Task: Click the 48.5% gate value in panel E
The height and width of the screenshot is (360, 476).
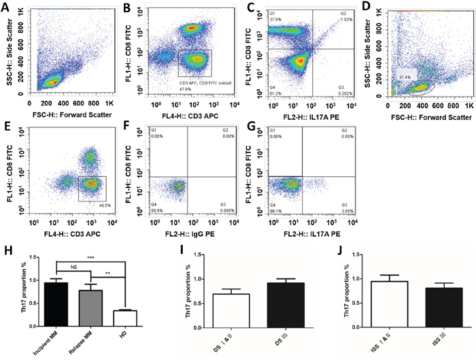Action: coord(98,204)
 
